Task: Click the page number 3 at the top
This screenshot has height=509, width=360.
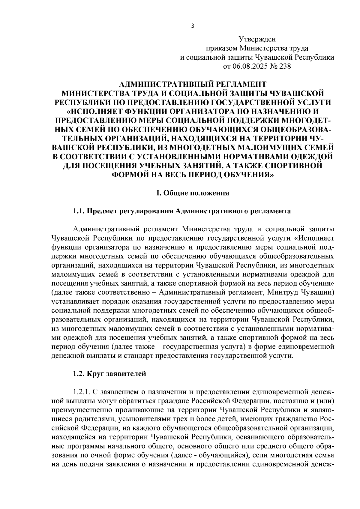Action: [x=193, y=26]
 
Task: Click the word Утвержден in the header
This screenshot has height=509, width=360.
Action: [x=257, y=39]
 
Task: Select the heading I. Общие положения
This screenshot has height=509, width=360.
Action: [x=193, y=193]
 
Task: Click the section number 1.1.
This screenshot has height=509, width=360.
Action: [x=79, y=211]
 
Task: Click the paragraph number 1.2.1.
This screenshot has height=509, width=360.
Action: [x=81, y=392]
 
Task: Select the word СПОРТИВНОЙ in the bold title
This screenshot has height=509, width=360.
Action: [x=291, y=165]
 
